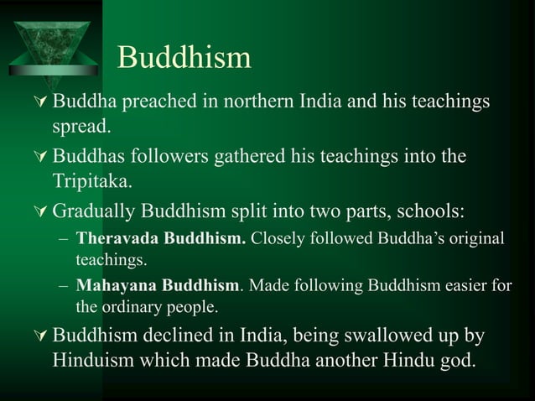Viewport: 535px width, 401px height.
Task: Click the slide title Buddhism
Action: point(184,57)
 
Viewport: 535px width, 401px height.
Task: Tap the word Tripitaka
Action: point(90,182)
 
